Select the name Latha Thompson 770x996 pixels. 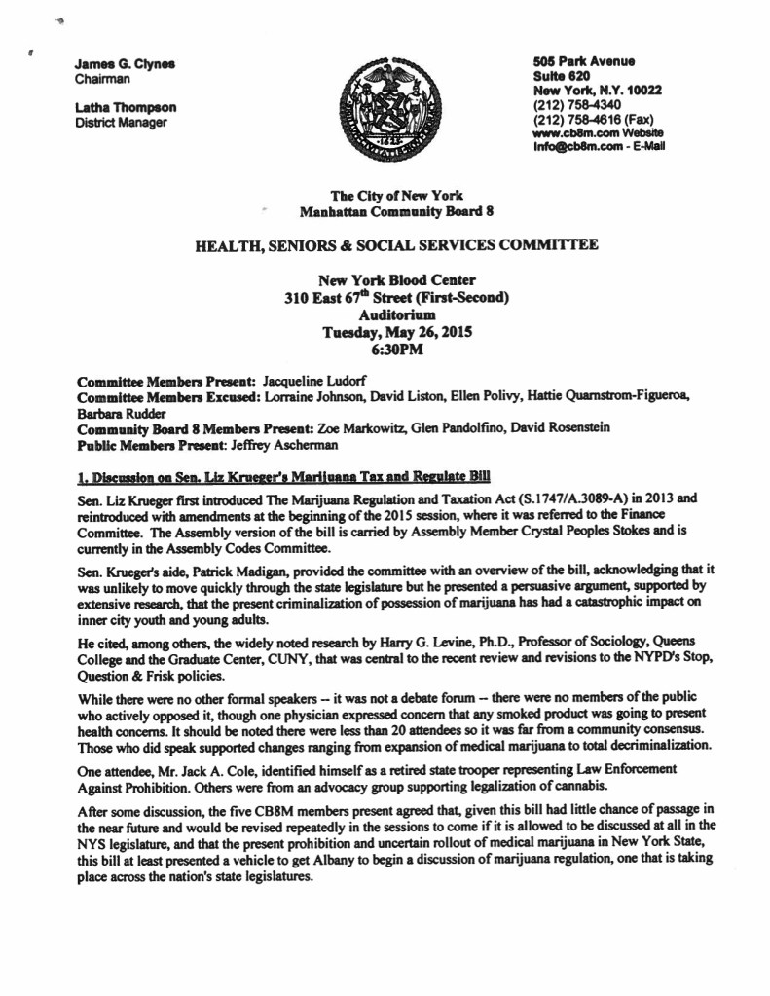127,108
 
